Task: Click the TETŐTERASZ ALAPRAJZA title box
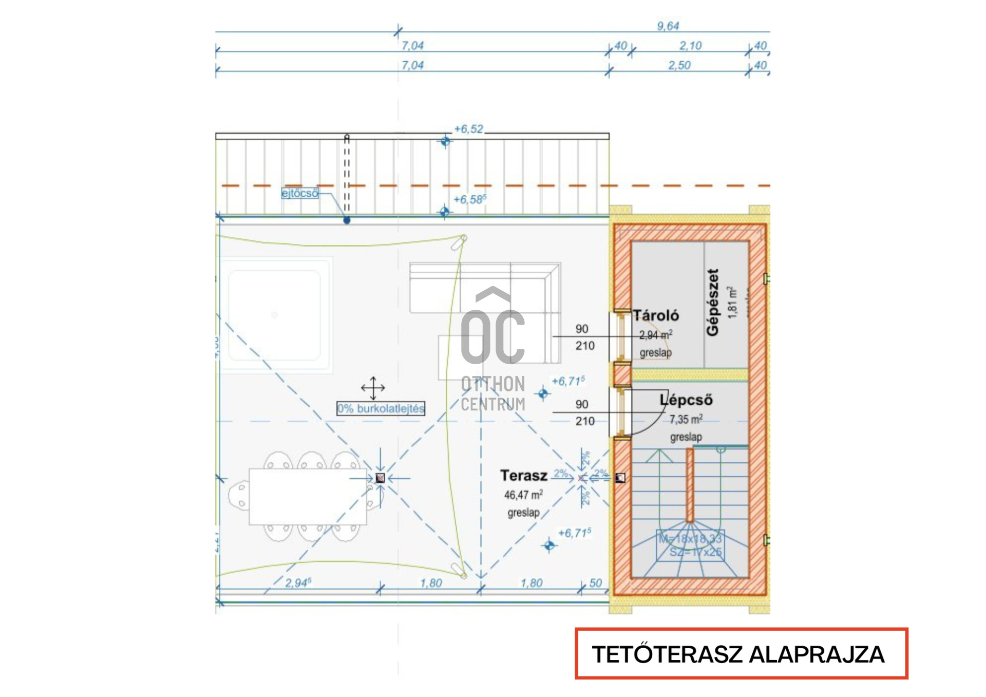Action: coord(741,653)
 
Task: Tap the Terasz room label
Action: coord(524,476)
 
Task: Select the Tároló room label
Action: coord(655,315)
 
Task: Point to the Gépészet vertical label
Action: coord(713,303)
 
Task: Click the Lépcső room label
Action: coord(686,400)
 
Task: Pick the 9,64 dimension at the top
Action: coord(668,26)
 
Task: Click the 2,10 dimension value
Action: coord(690,46)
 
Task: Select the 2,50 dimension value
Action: coord(679,66)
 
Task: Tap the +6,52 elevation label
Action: coord(468,129)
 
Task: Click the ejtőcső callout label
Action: coord(300,194)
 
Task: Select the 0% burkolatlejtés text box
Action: coord(381,408)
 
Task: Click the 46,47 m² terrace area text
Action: coord(523,495)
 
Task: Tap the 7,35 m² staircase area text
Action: coord(686,420)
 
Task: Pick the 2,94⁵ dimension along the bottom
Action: coord(298,583)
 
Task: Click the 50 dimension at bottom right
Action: coord(595,583)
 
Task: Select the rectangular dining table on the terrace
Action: coord(308,496)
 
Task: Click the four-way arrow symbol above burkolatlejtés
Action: coord(373,388)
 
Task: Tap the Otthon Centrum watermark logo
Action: coord(493,349)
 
